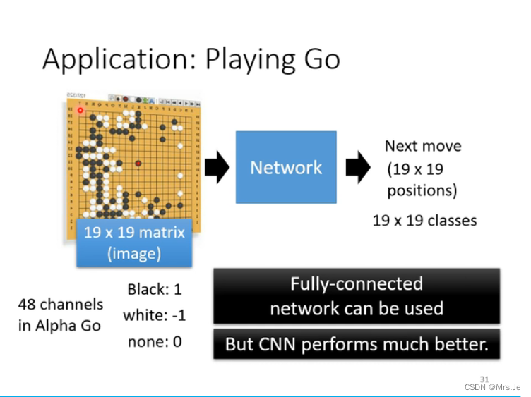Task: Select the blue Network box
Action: coord(285,167)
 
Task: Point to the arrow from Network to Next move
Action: coord(359,168)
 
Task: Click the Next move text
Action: coord(422,146)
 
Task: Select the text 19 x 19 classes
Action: coord(424,220)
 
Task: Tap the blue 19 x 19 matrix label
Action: coord(134,242)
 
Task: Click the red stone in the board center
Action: coord(138,163)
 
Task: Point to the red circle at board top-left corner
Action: coord(80,111)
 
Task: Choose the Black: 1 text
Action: coord(154,290)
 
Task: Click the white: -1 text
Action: coord(154,315)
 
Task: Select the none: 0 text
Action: coord(154,341)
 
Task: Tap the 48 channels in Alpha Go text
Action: coord(60,315)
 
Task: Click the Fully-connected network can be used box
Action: coord(357,295)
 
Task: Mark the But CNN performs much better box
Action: coord(357,345)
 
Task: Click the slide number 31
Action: coord(484,378)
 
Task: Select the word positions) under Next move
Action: coord(422,190)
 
